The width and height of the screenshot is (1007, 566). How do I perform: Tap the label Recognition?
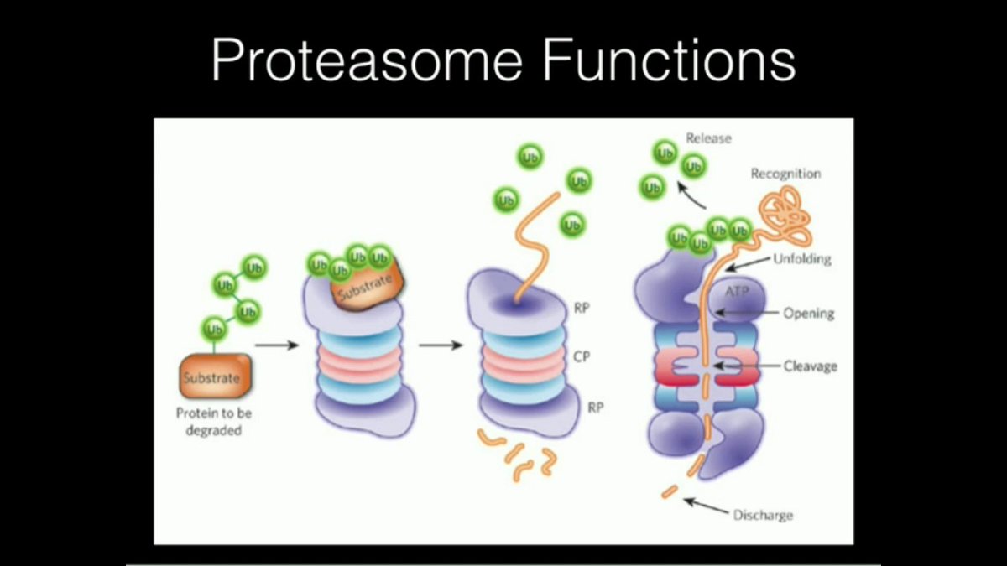pos(785,174)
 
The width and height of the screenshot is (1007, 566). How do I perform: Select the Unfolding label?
pos(801,259)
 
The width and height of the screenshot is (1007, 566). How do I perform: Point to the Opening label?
pos(808,314)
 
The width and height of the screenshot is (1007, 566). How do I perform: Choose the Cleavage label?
pos(810,366)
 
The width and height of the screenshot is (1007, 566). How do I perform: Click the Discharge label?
pos(762,514)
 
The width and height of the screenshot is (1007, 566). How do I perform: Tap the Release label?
pos(708,138)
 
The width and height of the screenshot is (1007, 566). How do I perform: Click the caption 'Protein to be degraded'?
pos(214,422)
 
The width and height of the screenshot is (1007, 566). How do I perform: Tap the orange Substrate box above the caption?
pos(213,377)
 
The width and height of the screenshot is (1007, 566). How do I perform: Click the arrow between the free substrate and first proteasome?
pos(277,345)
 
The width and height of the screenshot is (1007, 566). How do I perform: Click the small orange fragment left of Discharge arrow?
pos(670,491)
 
